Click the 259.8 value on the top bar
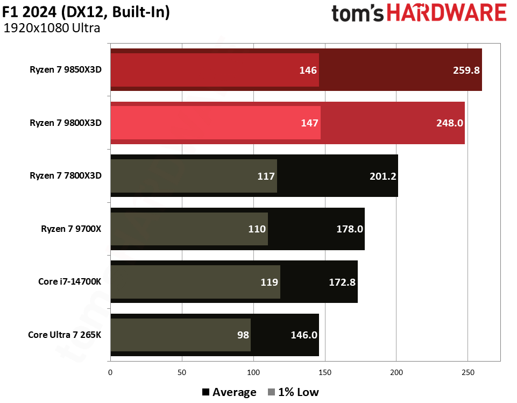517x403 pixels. pyautogui.click(x=466, y=70)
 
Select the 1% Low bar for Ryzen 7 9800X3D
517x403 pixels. pyautogui.click(x=215, y=123)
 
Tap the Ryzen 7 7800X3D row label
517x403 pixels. pyautogui.click(x=66, y=175)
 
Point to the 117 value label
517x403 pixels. pyautogui.click(x=266, y=176)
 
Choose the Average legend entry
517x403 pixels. pyautogui.click(x=229, y=392)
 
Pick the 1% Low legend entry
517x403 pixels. pyautogui.click(x=293, y=392)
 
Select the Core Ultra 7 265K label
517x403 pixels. pyautogui.click(x=65, y=335)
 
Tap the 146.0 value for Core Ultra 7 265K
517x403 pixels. pyautogui.click(x=304, y=335)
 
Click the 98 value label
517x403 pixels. pyautogui.click(x=243, y=335)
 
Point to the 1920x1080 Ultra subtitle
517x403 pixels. pyautogui.click(x=52, y=29)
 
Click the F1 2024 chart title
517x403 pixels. pyautogui.click(x=86, y=12)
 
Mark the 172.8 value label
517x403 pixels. pyautogui.click(x=342, y=281)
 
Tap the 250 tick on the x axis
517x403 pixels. pyautogui.click(x=468, y=372)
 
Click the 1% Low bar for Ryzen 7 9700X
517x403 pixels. pyautogui.click(x=188, y=229)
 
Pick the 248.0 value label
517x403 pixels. pyautogui.click(x=450, y=123)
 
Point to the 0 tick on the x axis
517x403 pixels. pyautogui.click(x=110, y=372)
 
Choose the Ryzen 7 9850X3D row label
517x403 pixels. pyautogui.click(x=66, y=69)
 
